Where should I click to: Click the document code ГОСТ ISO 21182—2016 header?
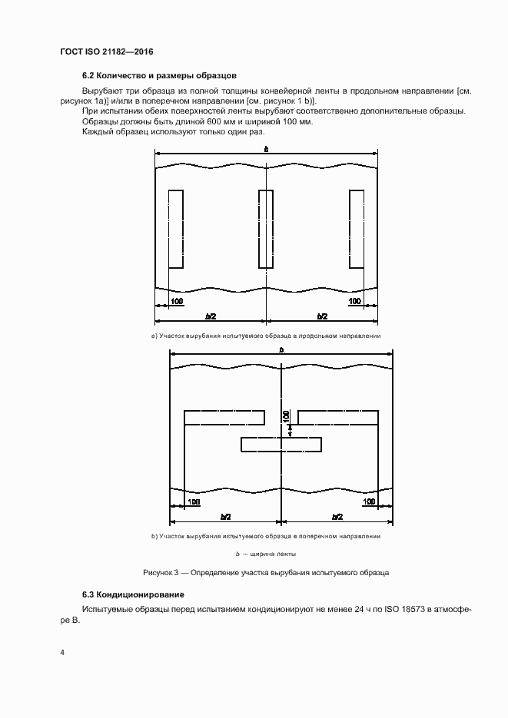tap(106, 52)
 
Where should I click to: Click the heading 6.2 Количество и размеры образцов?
tap(159, 76)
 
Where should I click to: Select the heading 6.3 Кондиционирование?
tap(133, 595)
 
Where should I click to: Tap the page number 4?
tap(61, 653)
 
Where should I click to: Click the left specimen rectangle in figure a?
tap(175, 229)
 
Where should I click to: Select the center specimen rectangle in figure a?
tap(266, 229)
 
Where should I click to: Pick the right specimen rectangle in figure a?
tap(357, 229)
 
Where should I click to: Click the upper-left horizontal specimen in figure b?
tap(224, 417)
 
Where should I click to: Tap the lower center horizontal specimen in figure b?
tap(281, 444)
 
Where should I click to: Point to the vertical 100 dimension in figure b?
tap(287, 416)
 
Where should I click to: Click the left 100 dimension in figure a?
tap(178, 300)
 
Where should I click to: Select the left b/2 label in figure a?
tap(211, 316)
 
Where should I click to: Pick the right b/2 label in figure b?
tap(337, 517)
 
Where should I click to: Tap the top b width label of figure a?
tap(266, 149)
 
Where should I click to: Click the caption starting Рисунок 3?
tap(266, 573)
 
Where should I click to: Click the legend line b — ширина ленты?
tap(266, 554)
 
